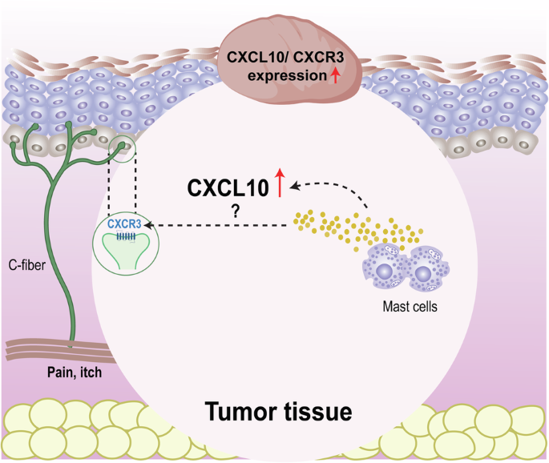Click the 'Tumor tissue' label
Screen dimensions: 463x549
[278, 412]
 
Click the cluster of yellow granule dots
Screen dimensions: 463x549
[337, 227]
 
